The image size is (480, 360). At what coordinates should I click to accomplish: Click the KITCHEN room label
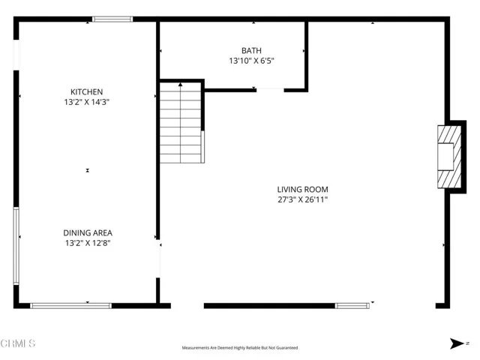coord(88,91)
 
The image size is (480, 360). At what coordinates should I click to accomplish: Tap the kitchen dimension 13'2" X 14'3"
coord(88,102)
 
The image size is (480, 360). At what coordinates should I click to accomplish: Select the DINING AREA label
coord(88,232)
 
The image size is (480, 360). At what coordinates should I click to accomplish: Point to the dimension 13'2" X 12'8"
coord(88,243)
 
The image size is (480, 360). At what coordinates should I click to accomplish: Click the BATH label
coord(251,50)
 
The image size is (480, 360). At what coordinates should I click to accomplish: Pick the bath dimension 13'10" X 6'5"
coord(251,61)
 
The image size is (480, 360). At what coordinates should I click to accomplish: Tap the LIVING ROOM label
coord(302,190)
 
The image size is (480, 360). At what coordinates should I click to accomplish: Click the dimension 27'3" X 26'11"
coord(302,200)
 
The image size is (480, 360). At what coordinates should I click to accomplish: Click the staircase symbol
coord(181,123)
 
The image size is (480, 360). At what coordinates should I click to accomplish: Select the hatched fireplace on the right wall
coord(447,157)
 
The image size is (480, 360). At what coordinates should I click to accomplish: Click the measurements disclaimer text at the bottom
coord(240,348)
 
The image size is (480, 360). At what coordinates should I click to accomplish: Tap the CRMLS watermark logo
coord(19,344)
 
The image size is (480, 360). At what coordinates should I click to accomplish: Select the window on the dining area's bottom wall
coord(70,305)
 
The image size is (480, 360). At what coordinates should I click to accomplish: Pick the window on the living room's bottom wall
coord(352,305)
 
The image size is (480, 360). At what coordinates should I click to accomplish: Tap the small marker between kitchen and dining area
coord(88,171)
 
